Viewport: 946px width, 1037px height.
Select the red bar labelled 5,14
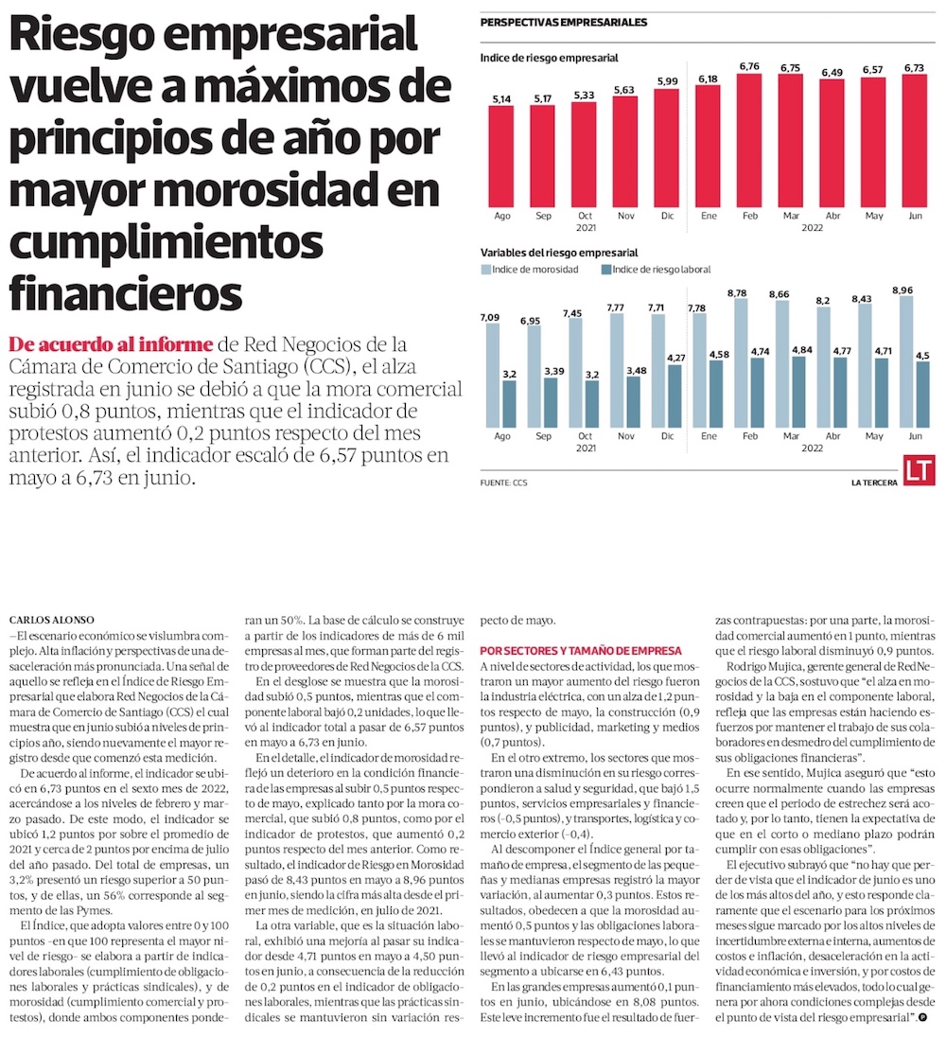click(x=501, y=155)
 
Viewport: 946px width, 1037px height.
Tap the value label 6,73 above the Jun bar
click(x=914, y=68)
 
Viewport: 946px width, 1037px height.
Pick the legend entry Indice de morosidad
click(x=533, y=270)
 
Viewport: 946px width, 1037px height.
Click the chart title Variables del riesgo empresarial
click(x=559, y=253)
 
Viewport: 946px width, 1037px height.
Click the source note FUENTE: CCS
click(x=504, y=483)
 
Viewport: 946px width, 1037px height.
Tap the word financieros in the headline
click(x=124, y=292)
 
